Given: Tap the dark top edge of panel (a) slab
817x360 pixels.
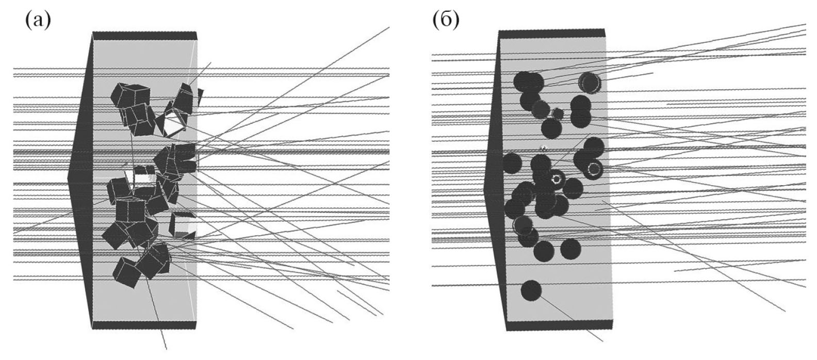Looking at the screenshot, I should pos(145,36).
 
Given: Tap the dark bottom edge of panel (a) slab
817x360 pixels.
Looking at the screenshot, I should pos(144,325).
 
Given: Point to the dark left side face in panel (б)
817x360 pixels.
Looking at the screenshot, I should pos(493,186).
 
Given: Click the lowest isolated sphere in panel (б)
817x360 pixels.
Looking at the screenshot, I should pos(531,291).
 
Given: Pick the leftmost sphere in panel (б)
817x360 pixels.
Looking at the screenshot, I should pos(512,163).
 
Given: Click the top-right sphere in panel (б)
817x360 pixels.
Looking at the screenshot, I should pos(589,82).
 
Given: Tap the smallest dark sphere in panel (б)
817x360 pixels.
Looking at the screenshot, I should pos(558,113).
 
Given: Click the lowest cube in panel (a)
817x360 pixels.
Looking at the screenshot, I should pos(127,272).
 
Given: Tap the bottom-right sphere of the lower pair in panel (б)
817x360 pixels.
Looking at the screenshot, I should pos(570,249).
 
